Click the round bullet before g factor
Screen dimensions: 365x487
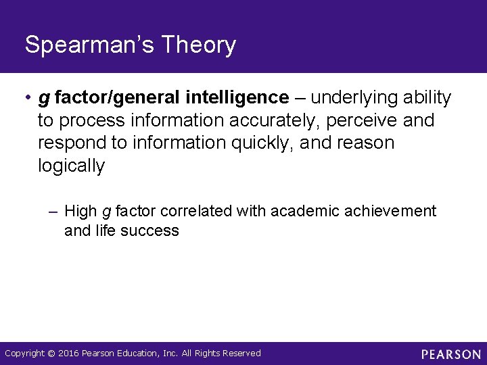click(26, 99)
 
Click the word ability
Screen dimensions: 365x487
click(427, 98)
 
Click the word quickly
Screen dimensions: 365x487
click(255, 144)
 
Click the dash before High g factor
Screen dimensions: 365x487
click(54, 212)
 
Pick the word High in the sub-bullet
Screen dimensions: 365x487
click(80, 212)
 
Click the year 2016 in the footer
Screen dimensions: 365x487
click(68, 354)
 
